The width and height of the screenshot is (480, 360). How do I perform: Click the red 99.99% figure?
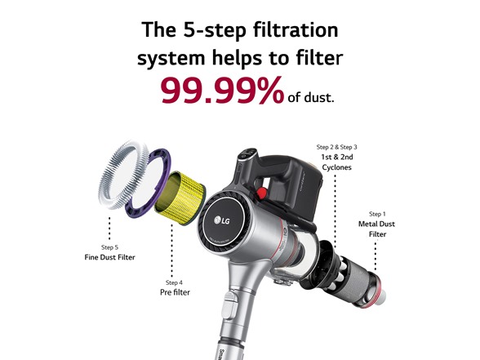coord(222,91)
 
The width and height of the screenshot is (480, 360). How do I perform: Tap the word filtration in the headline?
coord(296,29)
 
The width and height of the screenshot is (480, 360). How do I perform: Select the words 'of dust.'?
coord(311,97)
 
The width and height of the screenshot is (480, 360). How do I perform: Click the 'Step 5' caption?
coord(109,247)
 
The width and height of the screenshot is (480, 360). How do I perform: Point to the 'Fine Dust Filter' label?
coord(109,257)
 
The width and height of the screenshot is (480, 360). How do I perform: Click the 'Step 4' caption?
coord(174,282)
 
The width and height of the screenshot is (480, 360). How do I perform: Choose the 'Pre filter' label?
coord(175,292)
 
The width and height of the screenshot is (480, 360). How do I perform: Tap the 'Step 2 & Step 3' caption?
coord(336,147)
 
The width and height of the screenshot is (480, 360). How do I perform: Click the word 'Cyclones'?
coord(336,167)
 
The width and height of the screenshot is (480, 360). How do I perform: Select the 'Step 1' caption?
coord(377,214)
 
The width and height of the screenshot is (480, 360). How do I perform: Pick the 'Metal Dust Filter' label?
coord(377,229)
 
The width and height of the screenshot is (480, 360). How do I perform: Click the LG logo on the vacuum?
coord(222,220)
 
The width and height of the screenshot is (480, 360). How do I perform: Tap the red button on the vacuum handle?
coord(261,193)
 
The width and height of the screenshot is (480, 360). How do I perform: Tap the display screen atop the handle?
coord(248,153)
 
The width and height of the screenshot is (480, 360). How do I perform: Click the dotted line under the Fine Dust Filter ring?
coord(109,228)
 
